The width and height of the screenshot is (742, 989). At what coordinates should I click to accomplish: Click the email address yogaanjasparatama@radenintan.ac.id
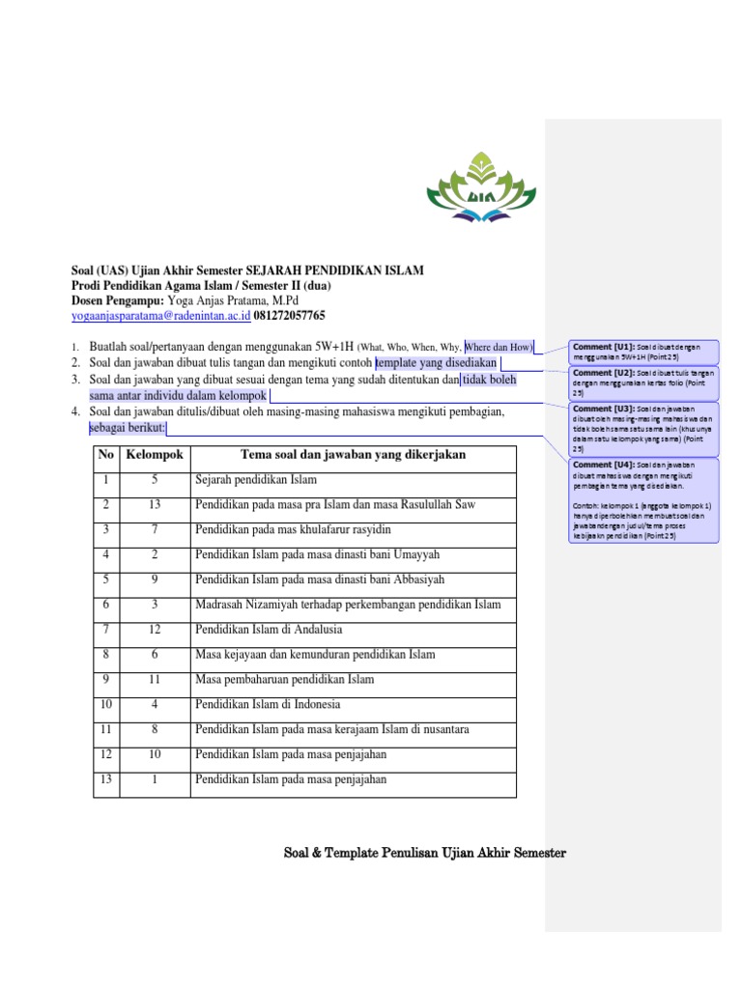[x=161, y=316]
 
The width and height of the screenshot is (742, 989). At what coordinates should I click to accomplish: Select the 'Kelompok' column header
[x=155, y=455]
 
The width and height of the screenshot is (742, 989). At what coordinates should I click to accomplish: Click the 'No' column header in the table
[x=105, y=455]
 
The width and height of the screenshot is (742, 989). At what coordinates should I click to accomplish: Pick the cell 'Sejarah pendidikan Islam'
[x=256, y=480]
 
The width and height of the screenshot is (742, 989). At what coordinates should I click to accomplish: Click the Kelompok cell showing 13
[x=155, y=505]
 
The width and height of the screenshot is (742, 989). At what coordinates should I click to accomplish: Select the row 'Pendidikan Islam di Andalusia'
[x=256, y=630]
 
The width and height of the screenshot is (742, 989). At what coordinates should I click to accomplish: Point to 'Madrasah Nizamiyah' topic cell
[x=348, y=605]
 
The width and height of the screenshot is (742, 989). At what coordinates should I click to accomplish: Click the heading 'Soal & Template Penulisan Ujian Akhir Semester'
[x=424, y=853]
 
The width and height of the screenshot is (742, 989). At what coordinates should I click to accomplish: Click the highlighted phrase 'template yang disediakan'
[x=437, y=362]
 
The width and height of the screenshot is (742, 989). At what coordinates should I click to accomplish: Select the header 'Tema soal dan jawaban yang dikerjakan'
[x=353, y=455]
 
